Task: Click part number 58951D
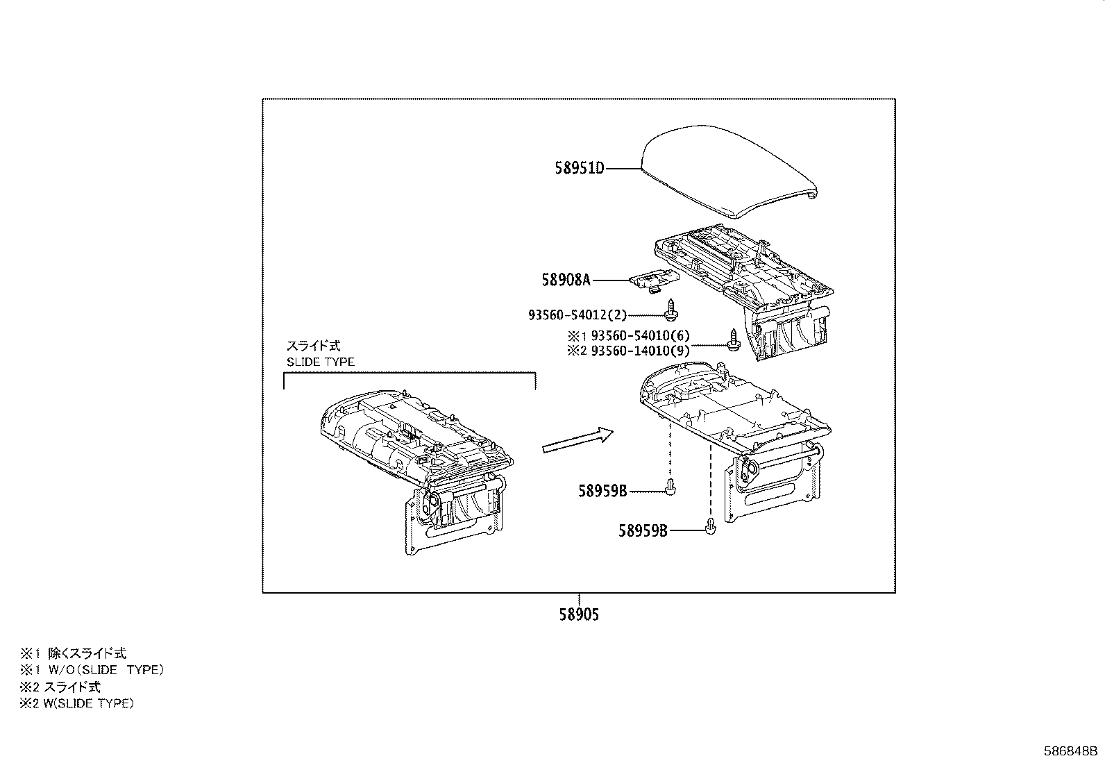pyautogui.click(x=580, y=168)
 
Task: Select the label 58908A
pyautogui.click(x=566, y=280)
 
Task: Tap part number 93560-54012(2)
pyautogui.click(x=577, y=315)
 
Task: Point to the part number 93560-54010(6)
pyautogui.click(x=640, y=336)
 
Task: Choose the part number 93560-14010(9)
pyautogui.click(x=640, y=351)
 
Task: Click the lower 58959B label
pyautogui.click(x=643, y=531)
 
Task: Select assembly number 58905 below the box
pyautogui.click(x=579, y=614)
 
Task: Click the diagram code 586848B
pyautogui.click(x=1071, y=751)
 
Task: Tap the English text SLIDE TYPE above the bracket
pyautogui.click(x=321, y=362)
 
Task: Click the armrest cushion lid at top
pyautogui.click(x=729, y=170)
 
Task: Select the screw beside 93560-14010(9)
pyautogui.click(x=732, y=340)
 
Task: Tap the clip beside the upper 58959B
pyautogui.click(x=670, y=487)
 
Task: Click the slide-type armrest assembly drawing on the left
pyautogui.click(x=416, y=465)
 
